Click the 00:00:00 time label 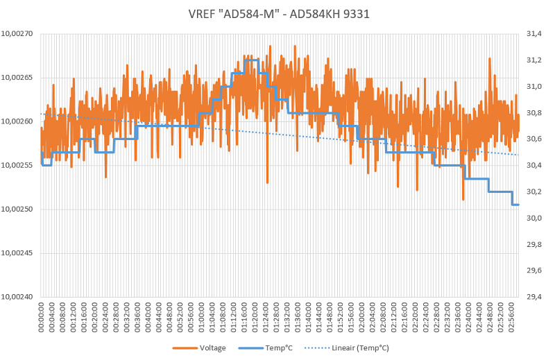click(x=42, y=318)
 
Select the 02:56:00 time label click(x=513, y=318)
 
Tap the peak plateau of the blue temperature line click(x=251, y=60)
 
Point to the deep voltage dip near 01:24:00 click(x=268, y=182)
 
